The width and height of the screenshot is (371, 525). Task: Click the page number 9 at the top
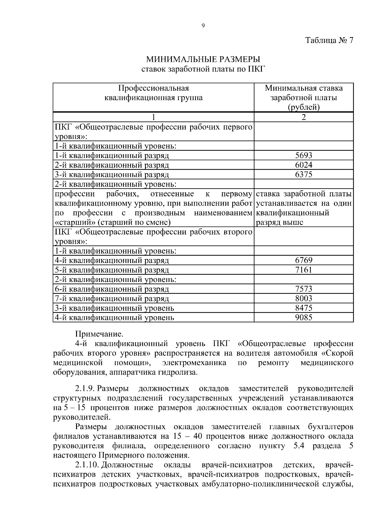(203, 26)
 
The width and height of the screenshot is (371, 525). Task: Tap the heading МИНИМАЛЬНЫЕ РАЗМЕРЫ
(203, 59)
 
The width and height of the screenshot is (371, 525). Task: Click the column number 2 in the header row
(304, 117)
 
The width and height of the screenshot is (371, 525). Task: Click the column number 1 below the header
(153, 117)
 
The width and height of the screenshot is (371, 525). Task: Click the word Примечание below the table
(99, 334)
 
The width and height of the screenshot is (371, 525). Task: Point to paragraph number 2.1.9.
(84, 388)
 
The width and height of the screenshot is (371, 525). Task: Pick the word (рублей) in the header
(304, 107)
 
